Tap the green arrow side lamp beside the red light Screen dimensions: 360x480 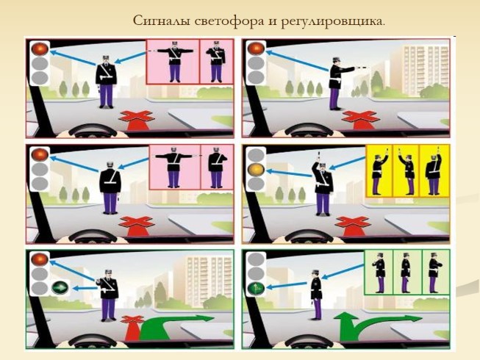click(59, 288)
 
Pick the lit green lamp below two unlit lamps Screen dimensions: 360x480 click(257, 289)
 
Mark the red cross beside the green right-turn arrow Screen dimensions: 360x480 click(132, 324)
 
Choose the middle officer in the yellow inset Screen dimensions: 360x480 click(406, 173)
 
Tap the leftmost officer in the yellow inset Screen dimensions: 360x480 click(379, 173)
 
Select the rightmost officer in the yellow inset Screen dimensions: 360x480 click(432, 173)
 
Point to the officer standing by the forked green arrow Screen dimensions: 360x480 click(316, 294)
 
